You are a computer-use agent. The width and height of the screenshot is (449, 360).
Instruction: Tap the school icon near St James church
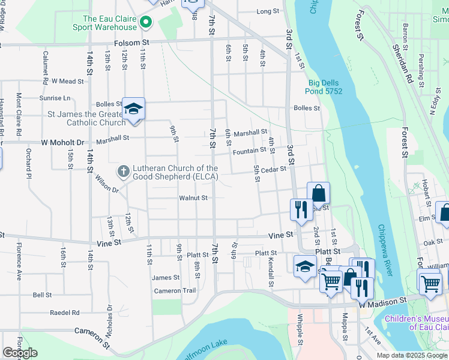coord(133,109)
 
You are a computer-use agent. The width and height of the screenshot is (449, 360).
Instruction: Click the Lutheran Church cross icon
coord(123,172)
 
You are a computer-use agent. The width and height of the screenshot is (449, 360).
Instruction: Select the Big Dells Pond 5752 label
coord(325,87)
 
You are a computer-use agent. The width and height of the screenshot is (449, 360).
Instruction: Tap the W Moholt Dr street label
coord(60,143)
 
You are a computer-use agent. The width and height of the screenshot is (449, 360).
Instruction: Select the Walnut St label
coord(193,197)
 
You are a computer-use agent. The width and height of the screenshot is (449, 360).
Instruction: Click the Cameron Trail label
coord(175,291)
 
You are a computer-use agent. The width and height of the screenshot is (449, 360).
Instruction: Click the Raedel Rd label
coord(65,313)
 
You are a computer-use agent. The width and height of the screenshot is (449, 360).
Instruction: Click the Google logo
coord(20,353)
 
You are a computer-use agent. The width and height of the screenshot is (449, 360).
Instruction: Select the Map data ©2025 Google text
coord(411,355)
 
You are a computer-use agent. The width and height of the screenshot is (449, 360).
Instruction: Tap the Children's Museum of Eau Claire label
coord(416,323)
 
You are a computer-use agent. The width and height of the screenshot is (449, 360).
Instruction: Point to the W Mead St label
coord(68,81)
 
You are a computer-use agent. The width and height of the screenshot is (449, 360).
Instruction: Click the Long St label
coord(268,11)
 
